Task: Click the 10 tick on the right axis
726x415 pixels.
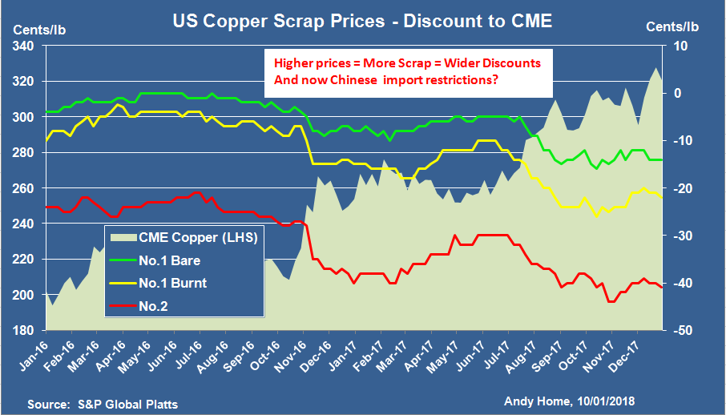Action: tap(679, 46)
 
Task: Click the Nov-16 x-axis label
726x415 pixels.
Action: tap(302, 359)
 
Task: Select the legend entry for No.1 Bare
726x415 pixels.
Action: tap(169, 260)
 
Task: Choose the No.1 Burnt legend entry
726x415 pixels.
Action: tap(172, 282)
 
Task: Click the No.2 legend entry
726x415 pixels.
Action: tap(155, 304)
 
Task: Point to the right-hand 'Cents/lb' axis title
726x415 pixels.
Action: tap(672, 26)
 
